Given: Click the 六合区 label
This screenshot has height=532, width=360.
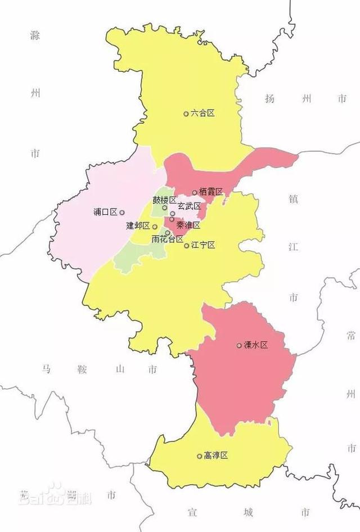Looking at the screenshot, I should [203, 113].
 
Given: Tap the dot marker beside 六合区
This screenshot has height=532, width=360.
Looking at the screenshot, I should [186, 114].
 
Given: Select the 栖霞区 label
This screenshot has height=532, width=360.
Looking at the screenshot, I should [211, 192].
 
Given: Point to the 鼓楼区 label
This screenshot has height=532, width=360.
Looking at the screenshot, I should [164, 200].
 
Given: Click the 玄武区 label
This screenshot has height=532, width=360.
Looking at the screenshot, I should [189, 206].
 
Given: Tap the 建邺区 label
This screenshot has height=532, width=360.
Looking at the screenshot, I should [138, 226].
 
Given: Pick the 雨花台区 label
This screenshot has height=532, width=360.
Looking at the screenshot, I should [168, 239].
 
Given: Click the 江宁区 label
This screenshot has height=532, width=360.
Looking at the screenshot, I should [203, 245].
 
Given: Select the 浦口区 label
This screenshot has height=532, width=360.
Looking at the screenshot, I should [106, 212].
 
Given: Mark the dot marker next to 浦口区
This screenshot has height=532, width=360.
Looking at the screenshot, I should [122, 212].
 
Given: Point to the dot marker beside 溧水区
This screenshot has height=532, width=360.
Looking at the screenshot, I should [239, 345].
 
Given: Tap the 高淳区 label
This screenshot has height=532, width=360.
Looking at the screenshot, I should [216, 456].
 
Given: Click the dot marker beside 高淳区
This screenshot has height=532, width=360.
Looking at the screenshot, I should [199, 456].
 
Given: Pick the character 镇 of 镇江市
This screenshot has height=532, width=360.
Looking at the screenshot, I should [292, 199].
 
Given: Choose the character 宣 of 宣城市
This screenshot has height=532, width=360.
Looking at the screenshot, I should [192, 512].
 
